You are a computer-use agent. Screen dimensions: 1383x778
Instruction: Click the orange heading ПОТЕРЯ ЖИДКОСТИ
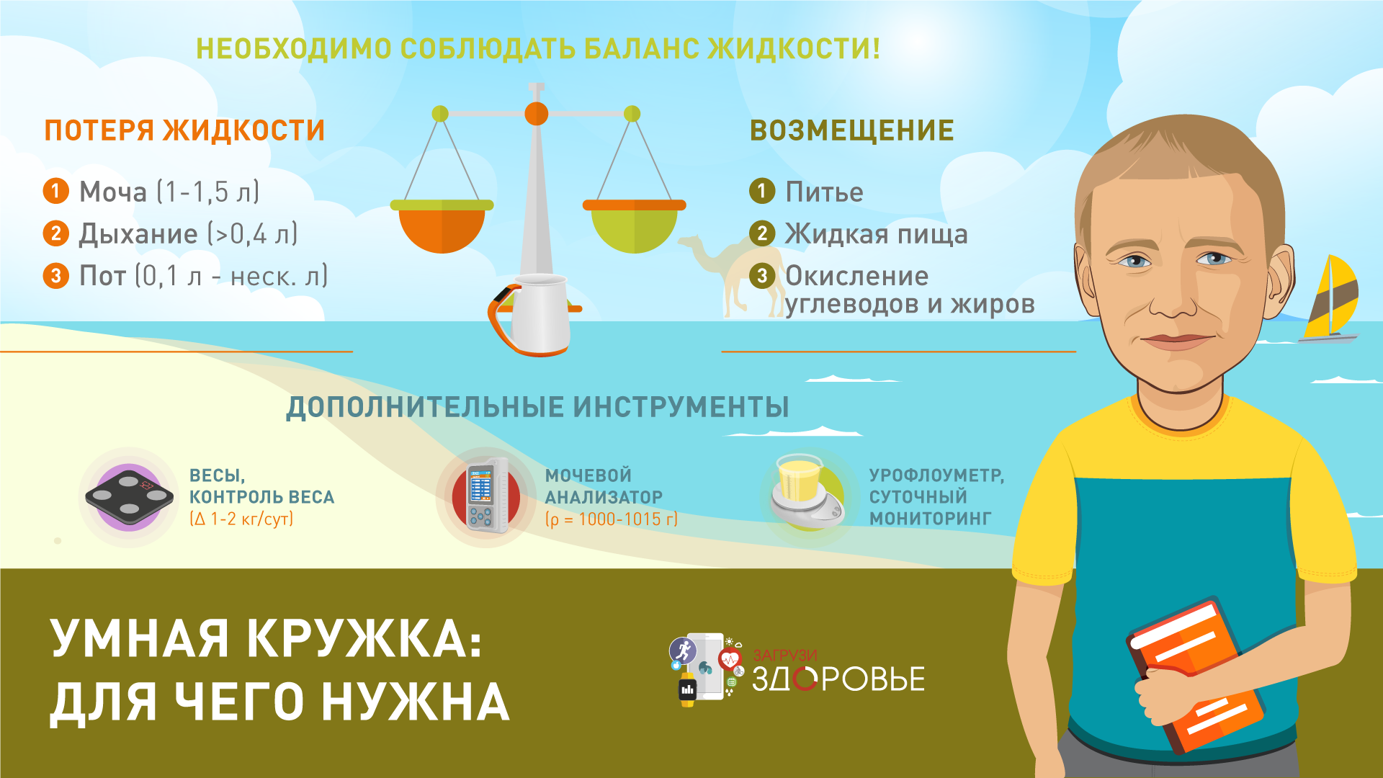click(184, 131)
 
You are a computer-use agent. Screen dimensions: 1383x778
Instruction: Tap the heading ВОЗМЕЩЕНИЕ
click(852, 131)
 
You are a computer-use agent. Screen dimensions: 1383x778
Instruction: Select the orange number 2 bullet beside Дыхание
click(55, 233)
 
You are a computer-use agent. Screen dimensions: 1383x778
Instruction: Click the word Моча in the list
click(112, 192)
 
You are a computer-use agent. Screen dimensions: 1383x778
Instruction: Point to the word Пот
click(102, 276)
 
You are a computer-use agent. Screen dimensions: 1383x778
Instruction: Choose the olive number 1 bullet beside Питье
click(762, 191)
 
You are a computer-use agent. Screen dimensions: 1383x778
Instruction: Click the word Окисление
click(856, 276)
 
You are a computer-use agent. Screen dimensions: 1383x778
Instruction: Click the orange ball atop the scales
click(536, 113)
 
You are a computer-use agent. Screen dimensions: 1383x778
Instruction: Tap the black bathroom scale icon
click(130, 497)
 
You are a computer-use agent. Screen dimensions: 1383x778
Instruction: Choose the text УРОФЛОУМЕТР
click(936, 475)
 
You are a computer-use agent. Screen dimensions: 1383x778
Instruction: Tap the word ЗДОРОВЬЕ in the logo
click(838, 679)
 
